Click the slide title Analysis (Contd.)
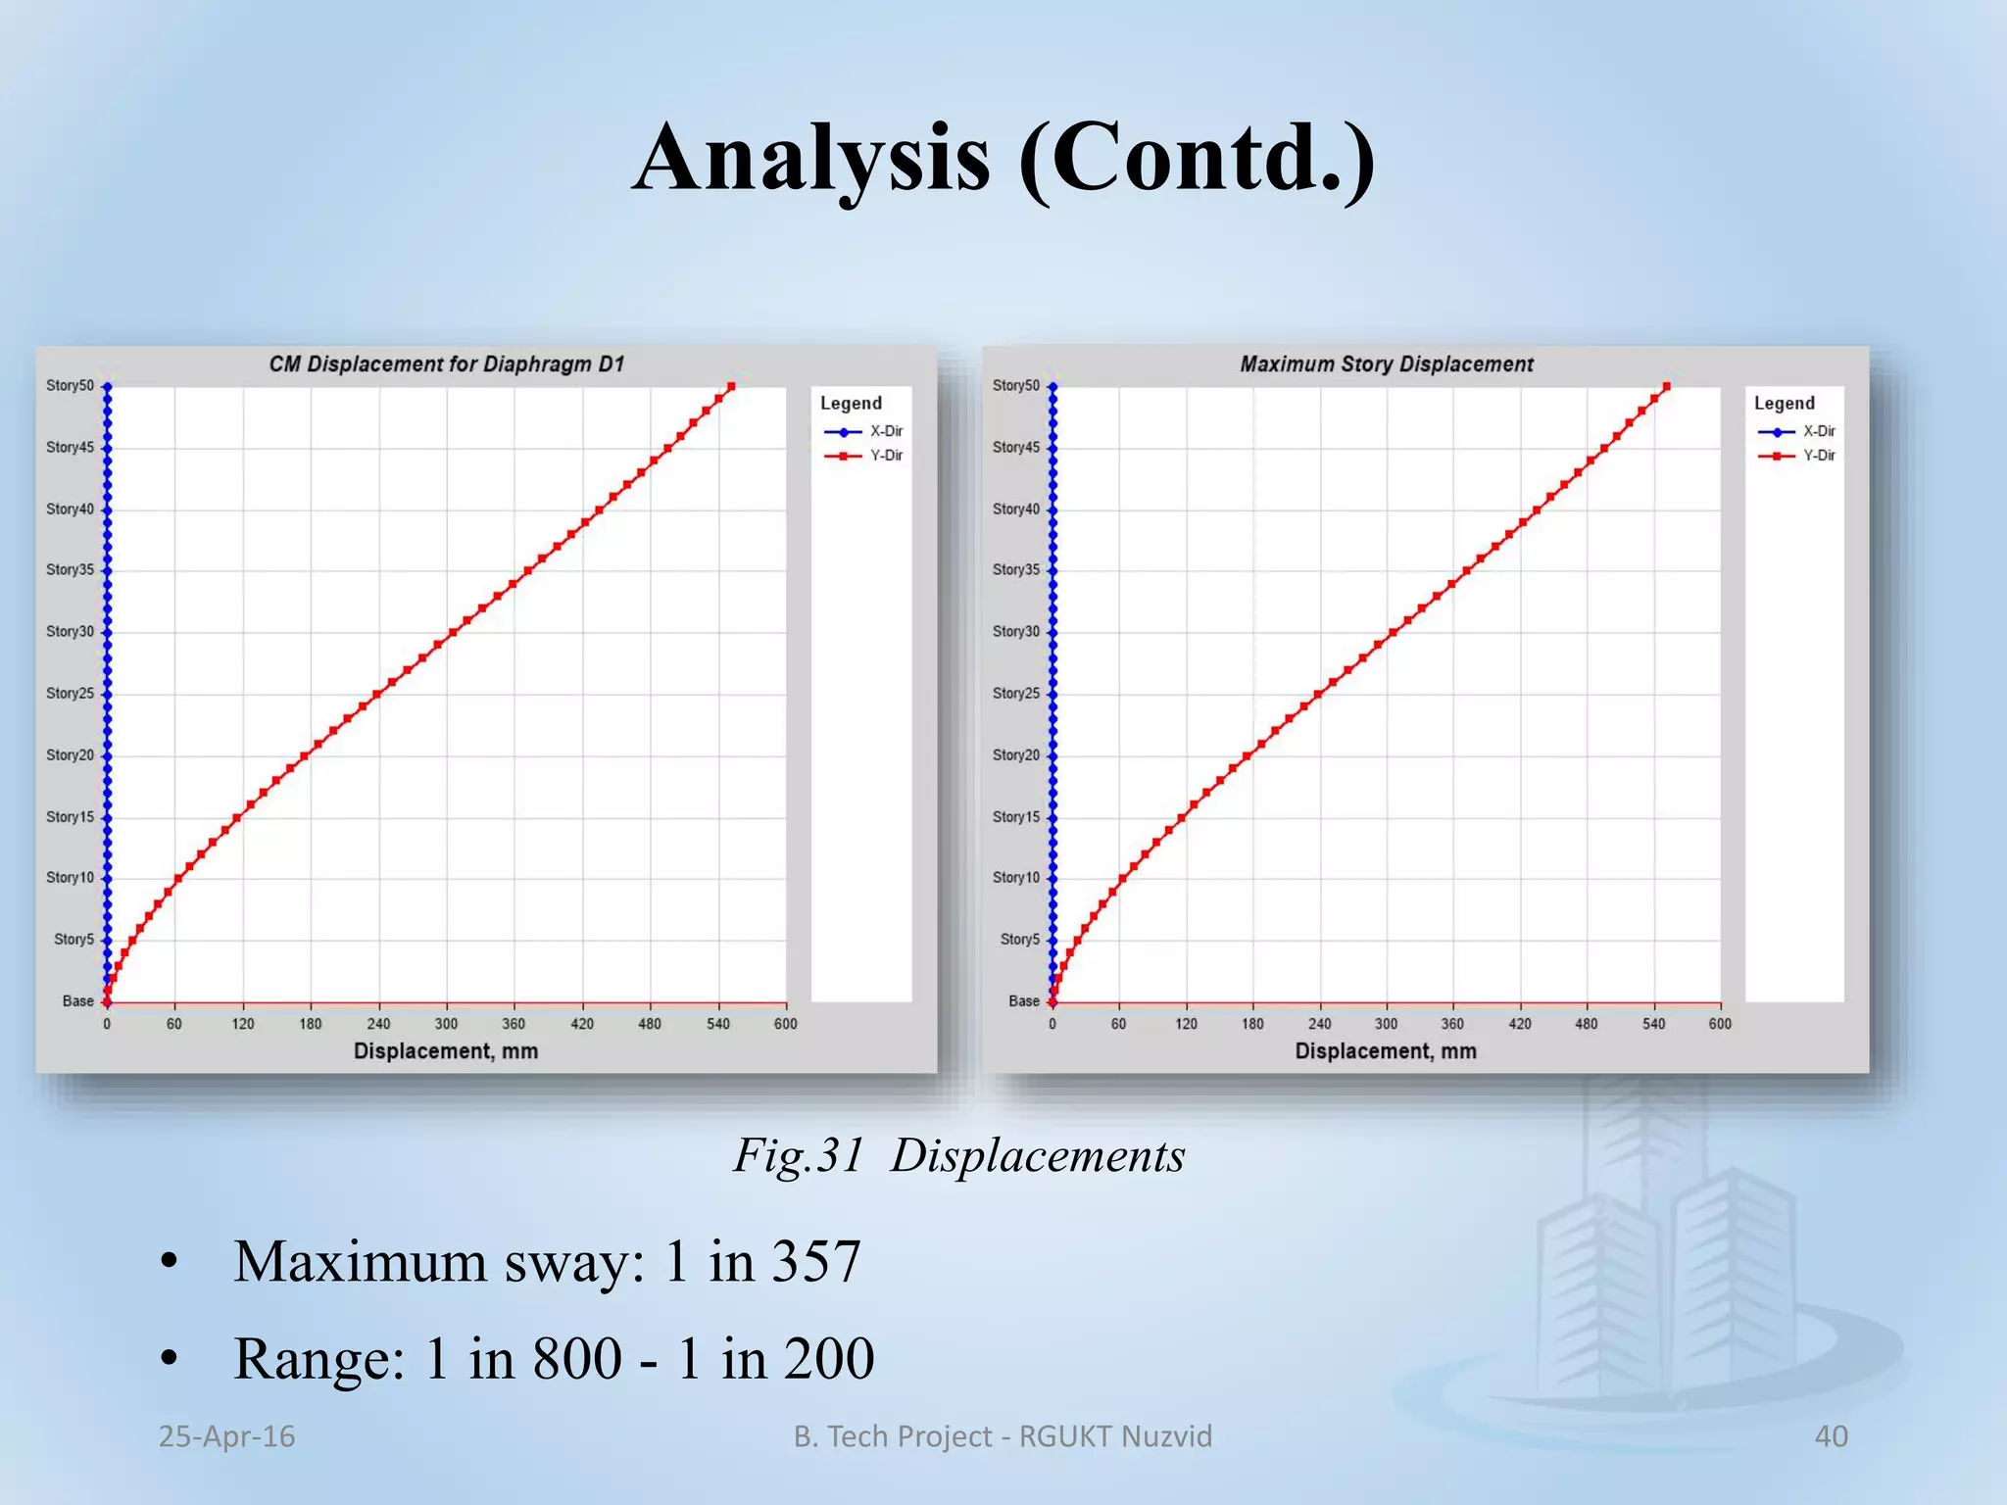pos(1003,159)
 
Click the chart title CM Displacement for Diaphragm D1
pos(446,364)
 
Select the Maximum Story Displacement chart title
pos(1386,364)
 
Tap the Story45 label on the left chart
pos(70,448)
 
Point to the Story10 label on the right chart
pos(1015,878)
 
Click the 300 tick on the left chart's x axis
pos(446,1024)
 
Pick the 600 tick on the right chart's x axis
pos(1720,1024)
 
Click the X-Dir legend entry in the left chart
pos(885,431)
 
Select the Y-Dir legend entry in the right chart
pos(1818,456)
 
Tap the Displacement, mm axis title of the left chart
pos(446,1051)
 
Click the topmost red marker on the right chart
pos(1667,387)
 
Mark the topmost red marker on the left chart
pos(731,387)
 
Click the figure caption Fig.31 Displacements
pos(959,1156)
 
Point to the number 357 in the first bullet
pos(816,1262)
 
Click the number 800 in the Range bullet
pos(577,1359)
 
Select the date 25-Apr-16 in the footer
pos(226,1436)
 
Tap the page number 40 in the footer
pos(1831,1436)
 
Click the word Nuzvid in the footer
pos(1166,1436)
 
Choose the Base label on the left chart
pos(77,1001)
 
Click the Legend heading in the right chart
pos(1784,404)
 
